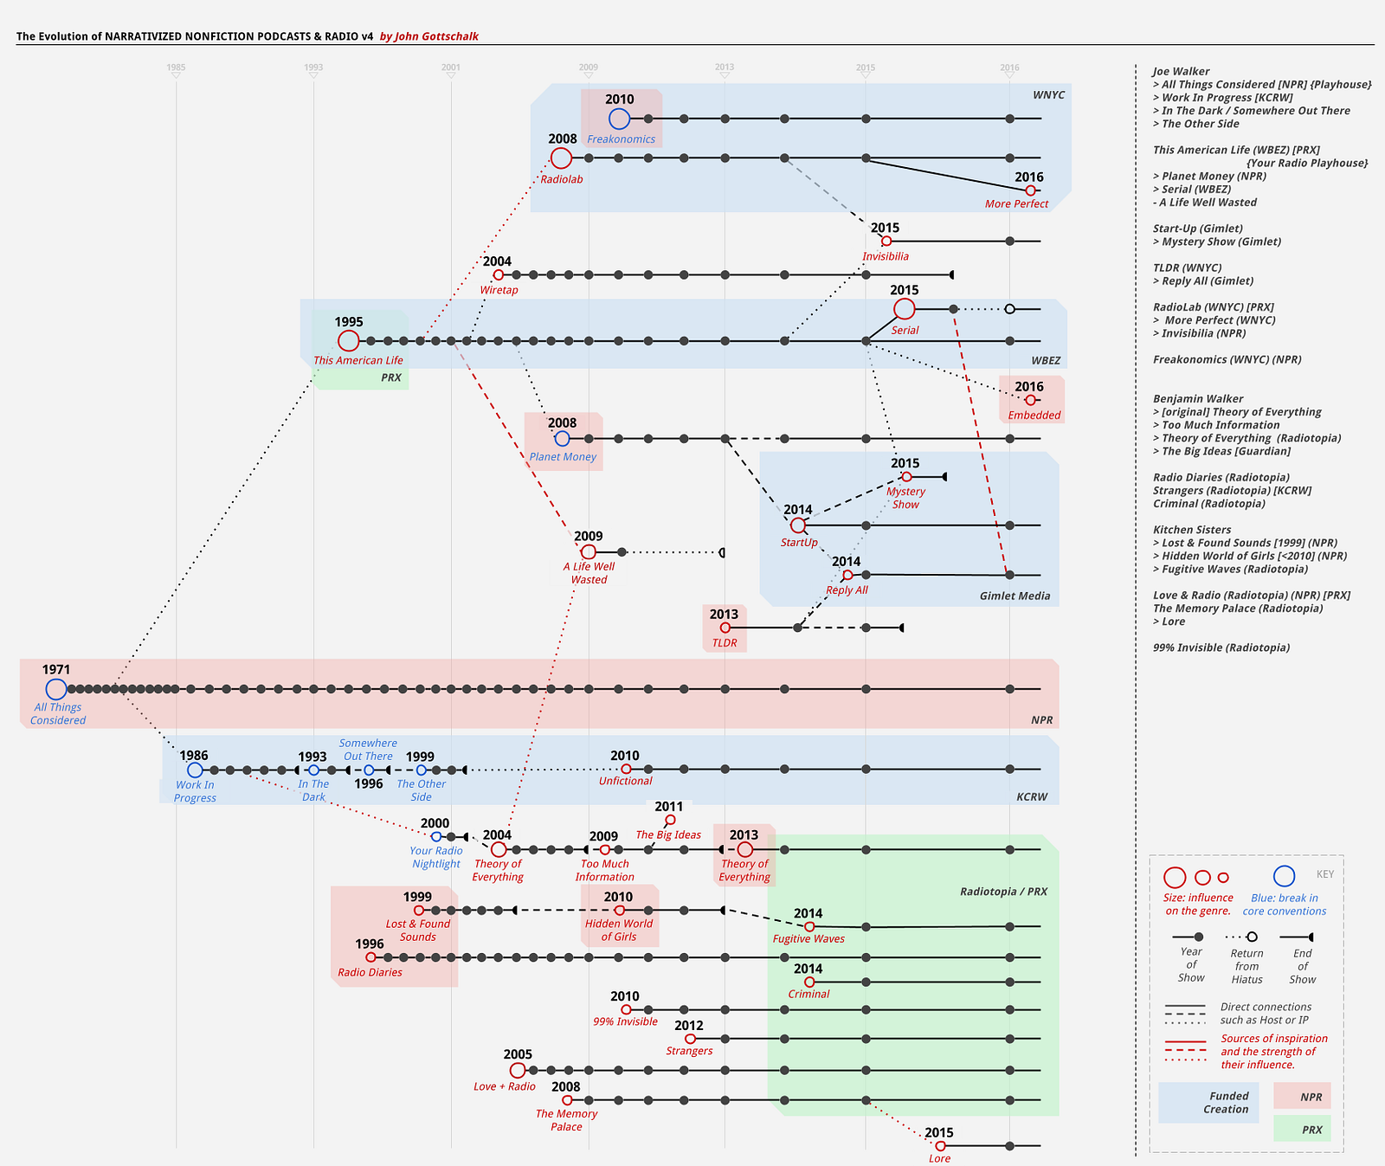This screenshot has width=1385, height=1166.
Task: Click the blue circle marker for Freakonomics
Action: [x=619, y=119]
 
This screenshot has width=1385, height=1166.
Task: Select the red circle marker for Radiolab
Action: [x=561, y=158]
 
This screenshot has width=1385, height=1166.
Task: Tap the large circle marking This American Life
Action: [x=348, y=341]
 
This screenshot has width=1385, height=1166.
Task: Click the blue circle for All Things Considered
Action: [x=56, y=689]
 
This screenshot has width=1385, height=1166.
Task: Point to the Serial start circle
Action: [x=904, y=308]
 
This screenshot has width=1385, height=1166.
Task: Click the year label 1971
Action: [x=56, y=669]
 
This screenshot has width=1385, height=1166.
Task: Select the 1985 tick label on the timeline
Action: [x=176, y=68]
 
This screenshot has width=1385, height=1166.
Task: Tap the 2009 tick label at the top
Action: [x=588, y=68]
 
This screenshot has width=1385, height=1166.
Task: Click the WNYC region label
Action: [x=1048, y=95]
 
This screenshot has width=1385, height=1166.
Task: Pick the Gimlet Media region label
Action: [x=1015, y=596]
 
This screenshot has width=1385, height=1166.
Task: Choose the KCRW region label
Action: [x=1032, y=796]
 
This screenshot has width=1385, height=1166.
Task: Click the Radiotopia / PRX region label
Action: [x=1003, y=892]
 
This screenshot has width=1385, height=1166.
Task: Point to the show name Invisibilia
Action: [x=886, y=256]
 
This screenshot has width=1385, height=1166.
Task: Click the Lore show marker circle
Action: [x=940, y=1146]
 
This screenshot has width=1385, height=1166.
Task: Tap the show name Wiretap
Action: [x=499, y=290]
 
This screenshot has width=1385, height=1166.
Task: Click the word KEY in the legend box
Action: [x=1325, y=874]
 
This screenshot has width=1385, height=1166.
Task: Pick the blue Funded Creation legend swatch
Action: [x=1208, y=1102]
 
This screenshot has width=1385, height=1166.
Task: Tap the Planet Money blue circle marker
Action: [x=562, y=439]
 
